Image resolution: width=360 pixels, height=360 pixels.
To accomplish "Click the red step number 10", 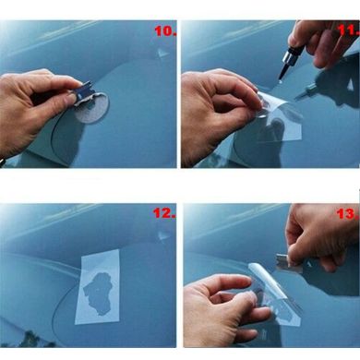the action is pyautogui.click(x=165, y=30).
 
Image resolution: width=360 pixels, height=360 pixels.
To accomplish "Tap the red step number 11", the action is pyautogui.click(x=349, y=30).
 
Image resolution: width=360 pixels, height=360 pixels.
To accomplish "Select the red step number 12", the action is pyautogui.click(x=164, y=213).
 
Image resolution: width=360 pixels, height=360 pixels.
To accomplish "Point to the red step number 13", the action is pyautogui.click(x=348, y=214).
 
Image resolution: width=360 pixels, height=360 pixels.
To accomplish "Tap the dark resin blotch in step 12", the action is pyautogui.click(x=98, y=293).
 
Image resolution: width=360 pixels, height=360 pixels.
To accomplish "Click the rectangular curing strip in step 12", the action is pyautogui.click(x=98, y=287).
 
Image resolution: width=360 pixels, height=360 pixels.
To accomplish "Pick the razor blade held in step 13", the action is pyautogui.click(x=289, y=264).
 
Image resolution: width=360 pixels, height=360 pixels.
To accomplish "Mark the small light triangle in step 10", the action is pyautogui.click(x=163, y=54).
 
